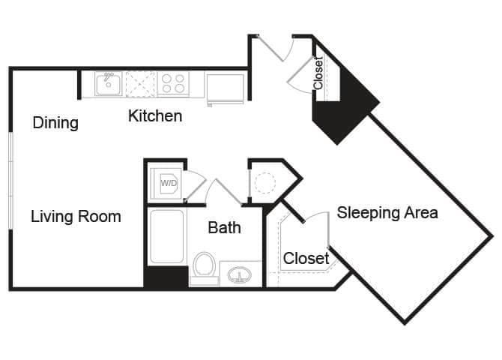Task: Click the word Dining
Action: (55, 123)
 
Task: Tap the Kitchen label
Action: (155, 116)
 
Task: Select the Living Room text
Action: (76, 217)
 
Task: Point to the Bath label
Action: (224, 227)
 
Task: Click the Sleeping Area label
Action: (387, 212)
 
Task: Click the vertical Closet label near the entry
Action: (318, 73)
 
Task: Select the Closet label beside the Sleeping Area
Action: (306, 259)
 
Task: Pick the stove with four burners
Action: (174, 83)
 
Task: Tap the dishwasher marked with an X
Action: (140, 83)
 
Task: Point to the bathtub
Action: (166, 237)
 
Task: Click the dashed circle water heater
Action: (265, 183)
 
